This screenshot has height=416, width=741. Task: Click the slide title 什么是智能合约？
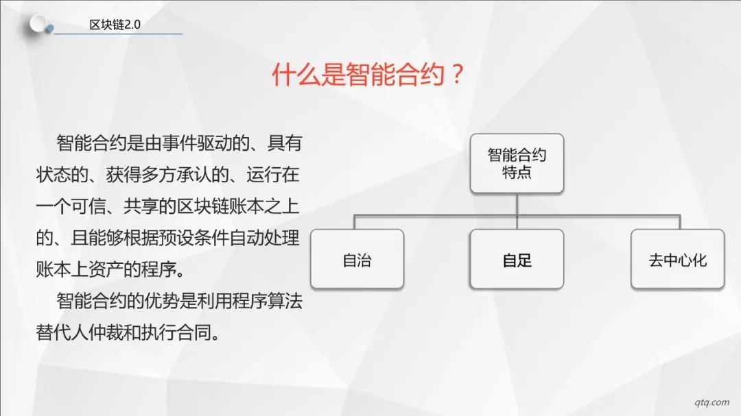click(x=368, y=75)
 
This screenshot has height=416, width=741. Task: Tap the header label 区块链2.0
click(x=115, y=25)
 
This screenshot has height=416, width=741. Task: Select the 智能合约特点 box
click(x=517, y=163)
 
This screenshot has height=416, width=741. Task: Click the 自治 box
click(x=357, y=259)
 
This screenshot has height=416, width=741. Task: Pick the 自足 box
click(x=517, y=259)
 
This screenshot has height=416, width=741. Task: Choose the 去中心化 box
click(x=678, y=259)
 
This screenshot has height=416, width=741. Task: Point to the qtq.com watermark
click(x=711, y=402)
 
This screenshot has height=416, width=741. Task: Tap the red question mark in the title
click(x=457, y=75)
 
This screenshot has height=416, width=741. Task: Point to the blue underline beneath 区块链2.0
click(x=118, y=34)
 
